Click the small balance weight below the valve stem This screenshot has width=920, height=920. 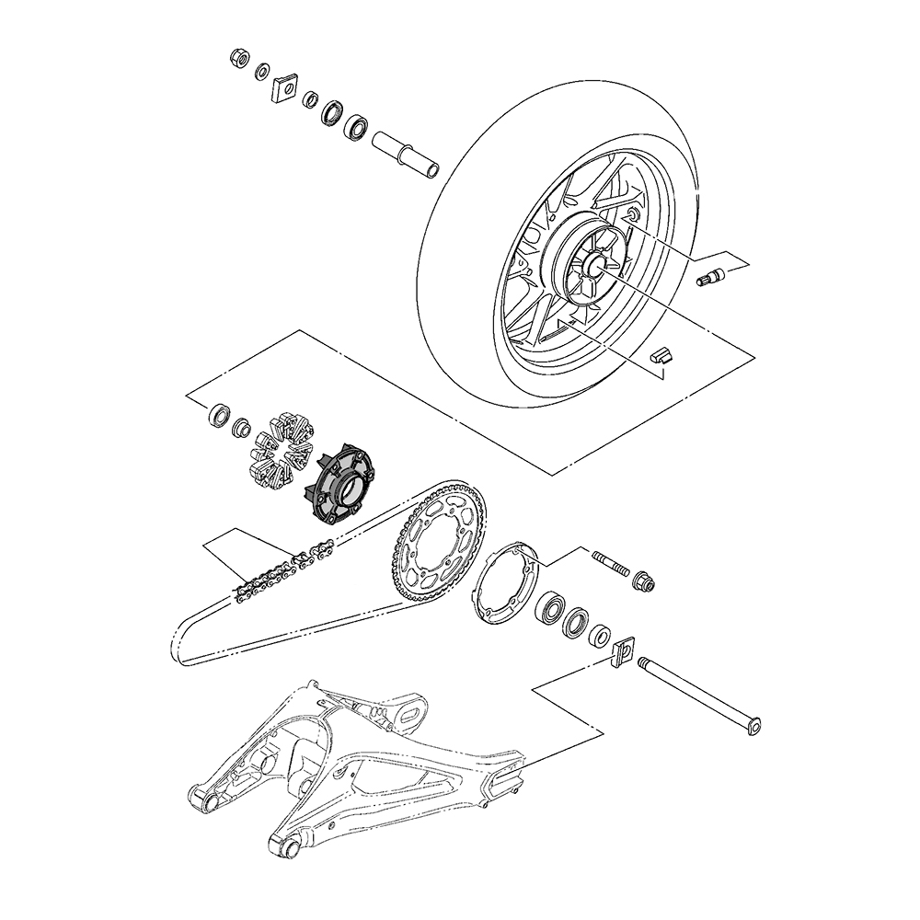(663, 353)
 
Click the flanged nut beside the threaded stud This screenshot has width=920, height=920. (645, 581)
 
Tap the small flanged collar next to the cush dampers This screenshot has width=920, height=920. (243, 428)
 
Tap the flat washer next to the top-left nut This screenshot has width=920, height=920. (262, 71)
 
